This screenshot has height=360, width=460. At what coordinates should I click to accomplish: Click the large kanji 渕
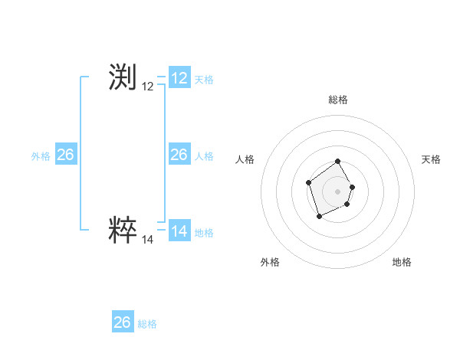(x=123, y=78)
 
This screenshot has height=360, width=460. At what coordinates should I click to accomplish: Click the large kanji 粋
(x=123, y=231)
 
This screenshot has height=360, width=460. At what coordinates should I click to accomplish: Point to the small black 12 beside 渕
(x=148, y=87)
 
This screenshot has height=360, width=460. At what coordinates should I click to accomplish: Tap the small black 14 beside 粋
(x=148, y=240)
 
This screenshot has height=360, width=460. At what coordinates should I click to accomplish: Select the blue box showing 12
(x=179, y=78)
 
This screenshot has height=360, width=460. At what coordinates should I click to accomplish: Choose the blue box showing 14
(x=179, y=231)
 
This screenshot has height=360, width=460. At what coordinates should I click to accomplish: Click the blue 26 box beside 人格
(x=179, y=155)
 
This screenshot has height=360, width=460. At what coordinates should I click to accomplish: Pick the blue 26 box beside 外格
(x=66, y=155)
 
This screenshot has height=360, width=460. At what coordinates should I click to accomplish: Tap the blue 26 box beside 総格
(x=123, y=322)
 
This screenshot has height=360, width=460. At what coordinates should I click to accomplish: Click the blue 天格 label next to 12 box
(x=204, y=80)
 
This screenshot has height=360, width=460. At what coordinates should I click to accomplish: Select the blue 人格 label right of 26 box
(x=204, y=156)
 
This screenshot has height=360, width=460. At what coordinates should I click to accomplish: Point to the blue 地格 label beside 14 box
(x=204, y=233)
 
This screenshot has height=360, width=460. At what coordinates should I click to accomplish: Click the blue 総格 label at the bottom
(x=147, y=324)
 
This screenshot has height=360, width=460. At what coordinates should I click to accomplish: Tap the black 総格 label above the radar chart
(x=338, y=100)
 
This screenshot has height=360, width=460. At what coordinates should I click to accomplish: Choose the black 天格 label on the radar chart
(x=431, y=159)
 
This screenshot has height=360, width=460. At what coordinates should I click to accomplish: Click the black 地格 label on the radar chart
(x=402, y=262)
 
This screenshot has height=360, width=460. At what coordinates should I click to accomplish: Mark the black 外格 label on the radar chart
(x=270, y=262)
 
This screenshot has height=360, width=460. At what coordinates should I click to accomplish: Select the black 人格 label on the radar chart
(x=245, y=159)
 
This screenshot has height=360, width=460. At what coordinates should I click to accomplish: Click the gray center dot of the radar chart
(x=337, y=191)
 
